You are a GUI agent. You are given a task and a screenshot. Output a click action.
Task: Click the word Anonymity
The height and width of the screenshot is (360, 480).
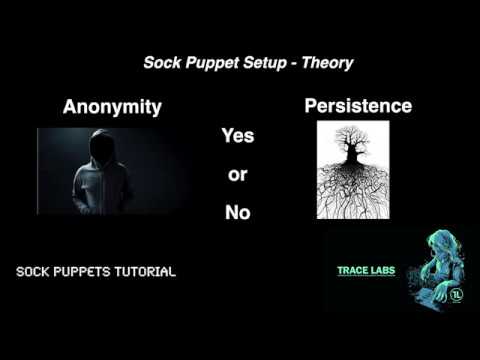tap(112, 108)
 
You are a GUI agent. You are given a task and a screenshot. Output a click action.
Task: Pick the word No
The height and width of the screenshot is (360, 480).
tap(237, 211)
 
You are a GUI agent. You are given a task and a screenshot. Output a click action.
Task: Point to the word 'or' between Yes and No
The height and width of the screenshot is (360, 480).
tap(237, 174)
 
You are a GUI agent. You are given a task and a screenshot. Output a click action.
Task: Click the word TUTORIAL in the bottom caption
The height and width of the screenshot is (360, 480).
tap(142, 271)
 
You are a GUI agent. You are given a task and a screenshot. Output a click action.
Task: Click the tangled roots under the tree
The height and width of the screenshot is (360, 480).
tap(351, 195)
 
